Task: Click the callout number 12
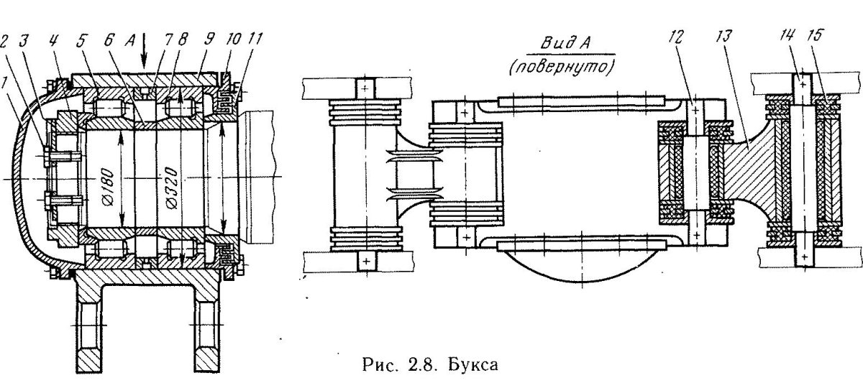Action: coord(676,37)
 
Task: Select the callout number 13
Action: coord(723,37)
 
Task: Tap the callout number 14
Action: coord(787,35)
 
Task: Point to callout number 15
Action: coord(816,35)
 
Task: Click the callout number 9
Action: coord(209,40)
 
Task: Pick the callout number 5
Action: coord(81,40)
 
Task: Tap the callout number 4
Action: coord(53,40)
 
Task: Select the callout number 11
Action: coord(255,40)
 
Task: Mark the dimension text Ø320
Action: coord(172,188)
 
